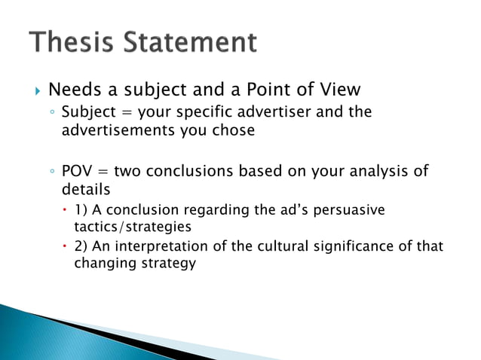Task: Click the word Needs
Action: [x=75, y=90]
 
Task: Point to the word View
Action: [x=339, y=90]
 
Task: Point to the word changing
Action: [x=101, y=264]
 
